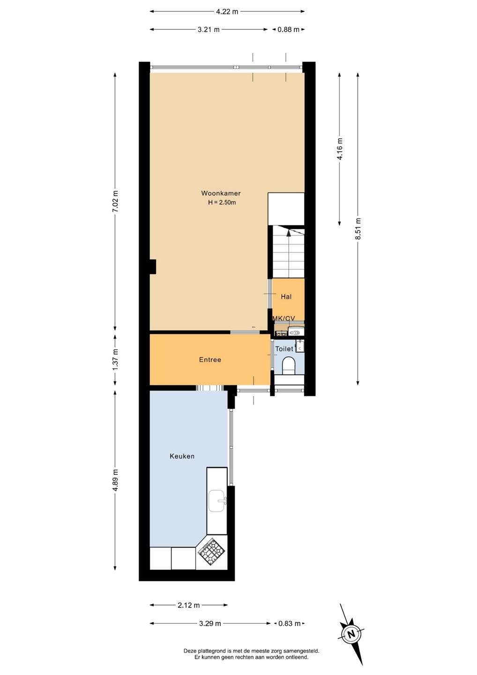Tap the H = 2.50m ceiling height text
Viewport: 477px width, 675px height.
(222, 202)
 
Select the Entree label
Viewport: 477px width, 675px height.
(210, 360)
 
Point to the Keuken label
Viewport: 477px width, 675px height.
(182, 456)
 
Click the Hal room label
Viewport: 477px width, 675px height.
(286, 297)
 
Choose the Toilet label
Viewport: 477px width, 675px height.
(284, 349)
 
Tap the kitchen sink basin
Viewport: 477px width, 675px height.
(217, 501)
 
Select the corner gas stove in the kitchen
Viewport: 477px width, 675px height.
(211, 552)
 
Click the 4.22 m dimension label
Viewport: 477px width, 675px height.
(227, 11)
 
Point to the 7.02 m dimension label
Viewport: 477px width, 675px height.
(115, 201)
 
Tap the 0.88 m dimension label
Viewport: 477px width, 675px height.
(289, 29)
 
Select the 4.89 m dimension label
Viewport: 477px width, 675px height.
(115, 480)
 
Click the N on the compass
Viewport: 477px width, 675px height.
(350, 633)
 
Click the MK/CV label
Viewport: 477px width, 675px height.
(283, 318)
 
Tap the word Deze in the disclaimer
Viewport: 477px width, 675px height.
(190, 651)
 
